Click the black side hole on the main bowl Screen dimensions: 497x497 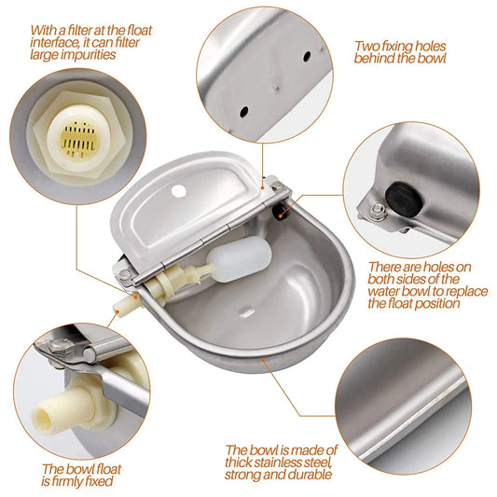(x=279, y=210)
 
